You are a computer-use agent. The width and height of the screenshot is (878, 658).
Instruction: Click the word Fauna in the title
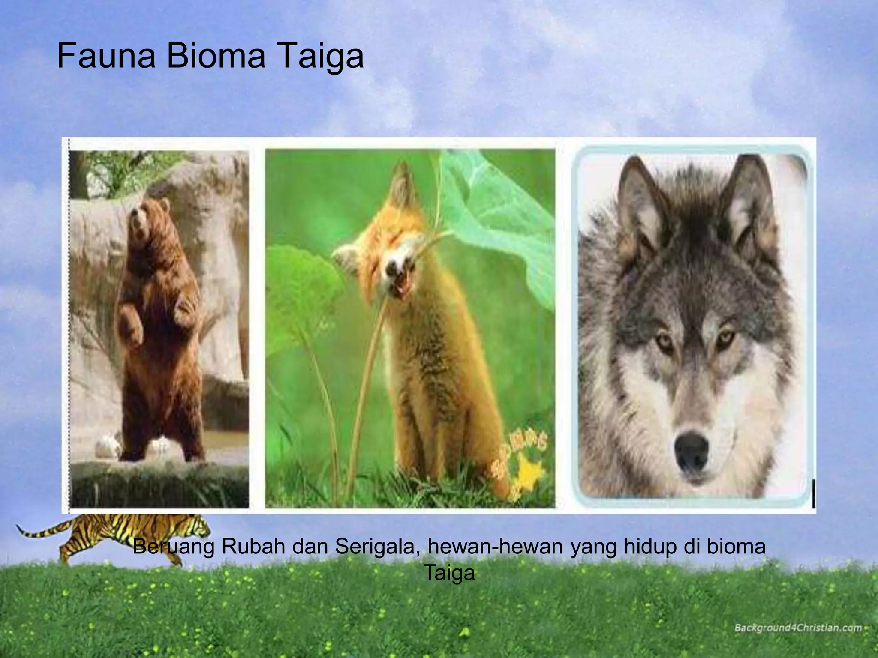(x=105, y=56)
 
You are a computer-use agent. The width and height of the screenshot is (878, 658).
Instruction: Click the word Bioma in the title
(x=216, y=56)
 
